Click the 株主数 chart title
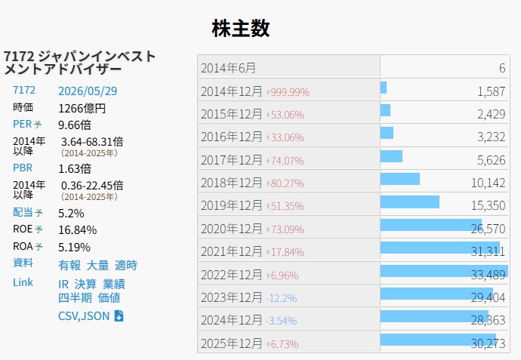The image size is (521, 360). click(x=241, y=28)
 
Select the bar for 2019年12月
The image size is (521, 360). click(x=410, y=202)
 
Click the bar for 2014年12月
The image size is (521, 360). click(x=384, y=88)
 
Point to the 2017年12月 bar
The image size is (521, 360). click(x=391, y=156)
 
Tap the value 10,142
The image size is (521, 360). click(x=488, y=183)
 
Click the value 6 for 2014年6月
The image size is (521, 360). click(x=502, y=68)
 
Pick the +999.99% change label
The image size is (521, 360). click(x=288, y=92)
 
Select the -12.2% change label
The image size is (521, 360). click(x=281, y=298)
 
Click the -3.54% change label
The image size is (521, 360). click(x=281, y=322)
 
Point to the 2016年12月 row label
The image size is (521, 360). click(x=232, y=137)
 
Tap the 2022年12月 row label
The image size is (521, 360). click(x=232, y=275)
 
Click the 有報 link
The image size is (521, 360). click(x=69, y=266)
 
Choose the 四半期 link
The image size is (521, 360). click(x=75, y=298)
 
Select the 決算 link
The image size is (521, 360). click(x=85, y=285)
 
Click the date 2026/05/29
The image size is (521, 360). click(x=88, y=91)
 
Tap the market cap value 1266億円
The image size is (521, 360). click(x=82, y=108)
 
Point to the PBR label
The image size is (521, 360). click(x=23, y=168)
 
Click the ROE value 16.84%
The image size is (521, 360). click(x=78, y=230)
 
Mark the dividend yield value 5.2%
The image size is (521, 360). click(x=71, y=213)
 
